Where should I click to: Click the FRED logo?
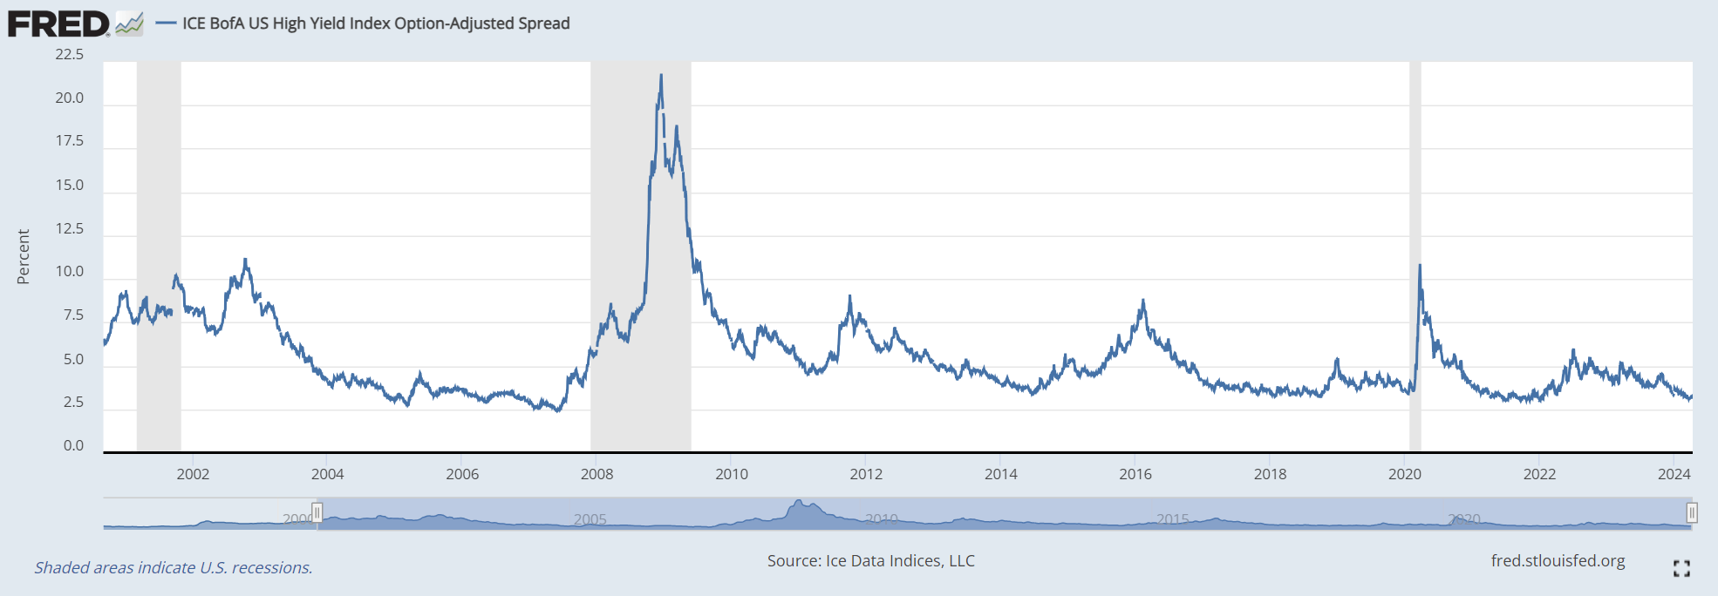[59, 24]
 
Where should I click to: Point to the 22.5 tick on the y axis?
[70, 55]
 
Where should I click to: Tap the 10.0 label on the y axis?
[70, 271]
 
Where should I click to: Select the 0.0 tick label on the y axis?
[73, 445]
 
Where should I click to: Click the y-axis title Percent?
[24, 257]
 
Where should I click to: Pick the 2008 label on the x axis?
[597, 474]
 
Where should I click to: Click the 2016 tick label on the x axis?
[1135, 474]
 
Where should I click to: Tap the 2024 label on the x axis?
[1674, 474]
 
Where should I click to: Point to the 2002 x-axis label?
[193, 474]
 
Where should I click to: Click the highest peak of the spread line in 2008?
[661, 76]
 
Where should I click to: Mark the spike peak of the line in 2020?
[1420, 265]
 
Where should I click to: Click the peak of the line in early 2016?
[1142, 301]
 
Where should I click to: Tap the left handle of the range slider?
[317, 512]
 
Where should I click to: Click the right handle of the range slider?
[1691, 512]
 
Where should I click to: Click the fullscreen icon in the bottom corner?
[1681, 568]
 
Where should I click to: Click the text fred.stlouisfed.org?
[1558, 560]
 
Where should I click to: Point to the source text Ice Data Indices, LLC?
[870, 560]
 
